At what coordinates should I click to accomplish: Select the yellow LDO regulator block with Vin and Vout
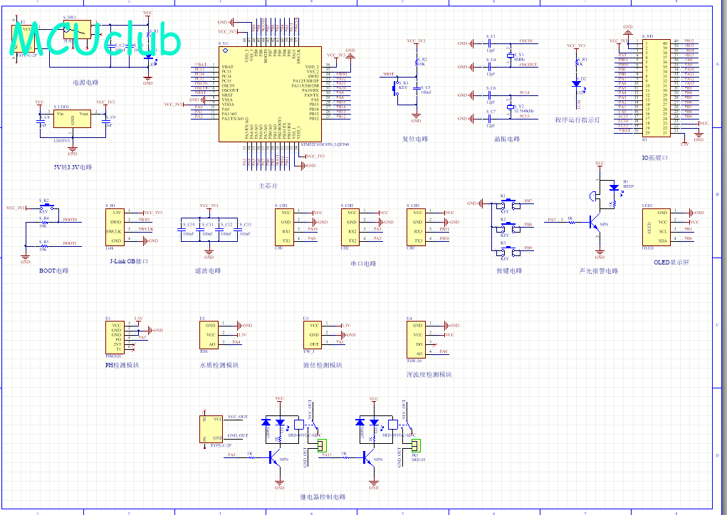click(73, 120)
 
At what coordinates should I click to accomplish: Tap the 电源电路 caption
click(85, 83)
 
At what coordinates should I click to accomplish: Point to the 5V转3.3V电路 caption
click(73, 167)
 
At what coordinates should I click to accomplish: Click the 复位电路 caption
click(415, 139)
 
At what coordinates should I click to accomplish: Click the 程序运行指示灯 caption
click(577, 120)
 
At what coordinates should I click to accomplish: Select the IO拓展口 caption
click(655, 157)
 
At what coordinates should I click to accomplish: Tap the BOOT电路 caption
click(54, 271)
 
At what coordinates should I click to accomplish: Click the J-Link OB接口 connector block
click(115, 227)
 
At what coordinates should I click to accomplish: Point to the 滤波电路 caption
click(208, 271)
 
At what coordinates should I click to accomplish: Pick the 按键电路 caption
click(509, 271)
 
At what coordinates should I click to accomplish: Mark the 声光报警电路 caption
click(599, 271)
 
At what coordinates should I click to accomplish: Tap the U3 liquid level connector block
click(313, 335)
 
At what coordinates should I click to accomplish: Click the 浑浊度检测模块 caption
click(429, 374)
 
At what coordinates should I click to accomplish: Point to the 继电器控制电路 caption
click(323, 497)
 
